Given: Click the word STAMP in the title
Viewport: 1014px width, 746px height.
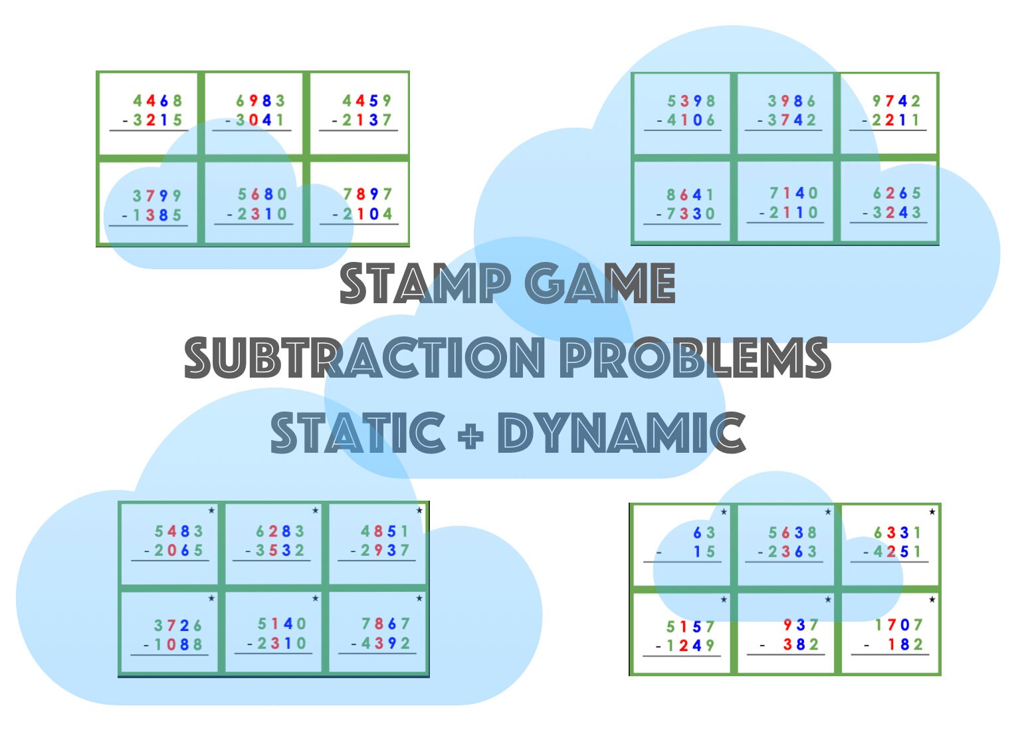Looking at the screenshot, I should pyautogui.click(x=425, y=284).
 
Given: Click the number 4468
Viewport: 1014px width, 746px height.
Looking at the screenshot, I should pyautogui.click(x=157, y=101).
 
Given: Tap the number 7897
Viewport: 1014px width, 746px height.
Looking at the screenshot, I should pyautogui.click(x=367, y=194).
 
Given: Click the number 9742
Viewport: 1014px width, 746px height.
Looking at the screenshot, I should pyautogui.click(x=896, y=101).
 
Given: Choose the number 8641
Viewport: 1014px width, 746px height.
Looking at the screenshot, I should pyautogui.click(x=690, y=195).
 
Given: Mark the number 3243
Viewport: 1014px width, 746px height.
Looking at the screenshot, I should pyautogui.click(x=896, y=213).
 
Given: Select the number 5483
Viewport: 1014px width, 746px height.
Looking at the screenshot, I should pyautogui.click(x=179, y=531).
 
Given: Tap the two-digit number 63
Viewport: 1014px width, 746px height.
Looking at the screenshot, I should pyautogui.click(x=704, y=533).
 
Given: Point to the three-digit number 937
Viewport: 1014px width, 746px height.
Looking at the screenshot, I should pyautogui.click(x=800, y=625).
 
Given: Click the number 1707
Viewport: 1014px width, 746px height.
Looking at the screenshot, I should pyautogui.click(x=898, y=625).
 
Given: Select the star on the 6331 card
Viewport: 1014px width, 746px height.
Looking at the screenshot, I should pyautogui.click(x=932, y=511).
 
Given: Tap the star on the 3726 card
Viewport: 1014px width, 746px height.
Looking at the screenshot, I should pyautogui.click(x=211, y=598).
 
